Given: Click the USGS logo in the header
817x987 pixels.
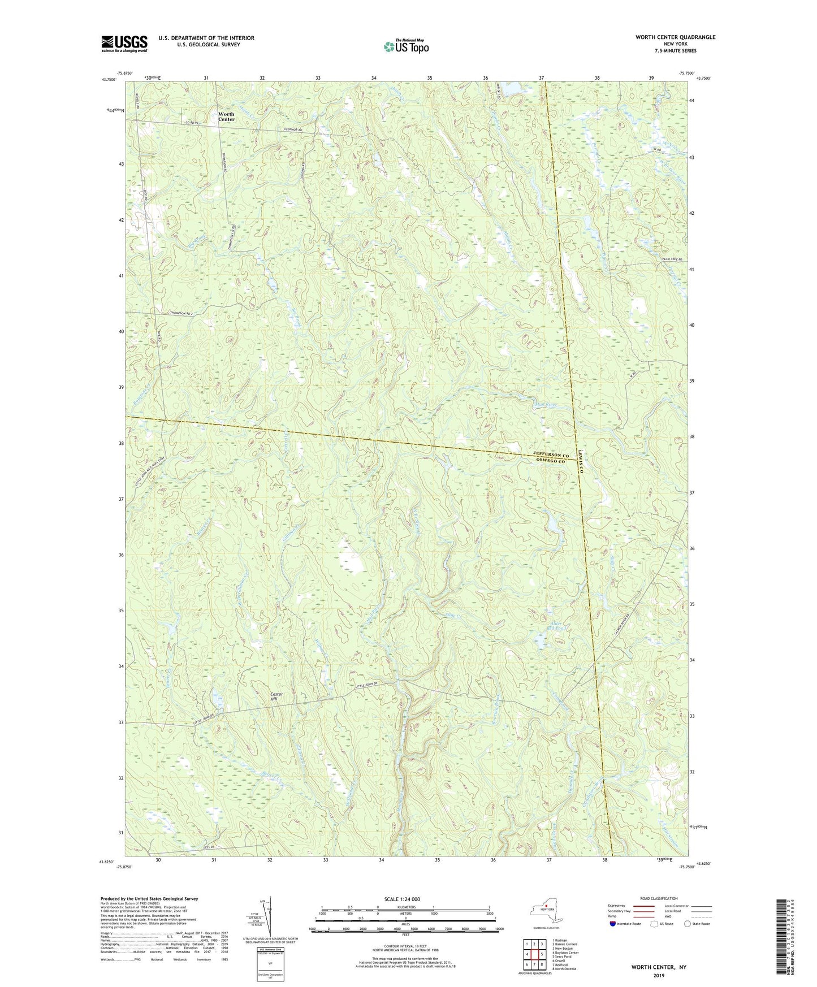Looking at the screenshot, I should tap(124, 44).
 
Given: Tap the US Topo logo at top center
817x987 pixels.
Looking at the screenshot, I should tap(406, 46).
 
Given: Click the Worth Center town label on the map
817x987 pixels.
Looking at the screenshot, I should tap(226, 116).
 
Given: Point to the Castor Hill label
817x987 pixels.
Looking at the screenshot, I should tap(276, 696).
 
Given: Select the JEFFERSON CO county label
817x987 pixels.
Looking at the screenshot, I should tap(551, 454).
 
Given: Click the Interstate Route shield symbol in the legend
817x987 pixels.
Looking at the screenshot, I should tap(613, 924).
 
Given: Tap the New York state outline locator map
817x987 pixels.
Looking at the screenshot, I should tap(546, 911).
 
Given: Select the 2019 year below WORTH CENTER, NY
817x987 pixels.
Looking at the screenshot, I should tap(659, 975).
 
